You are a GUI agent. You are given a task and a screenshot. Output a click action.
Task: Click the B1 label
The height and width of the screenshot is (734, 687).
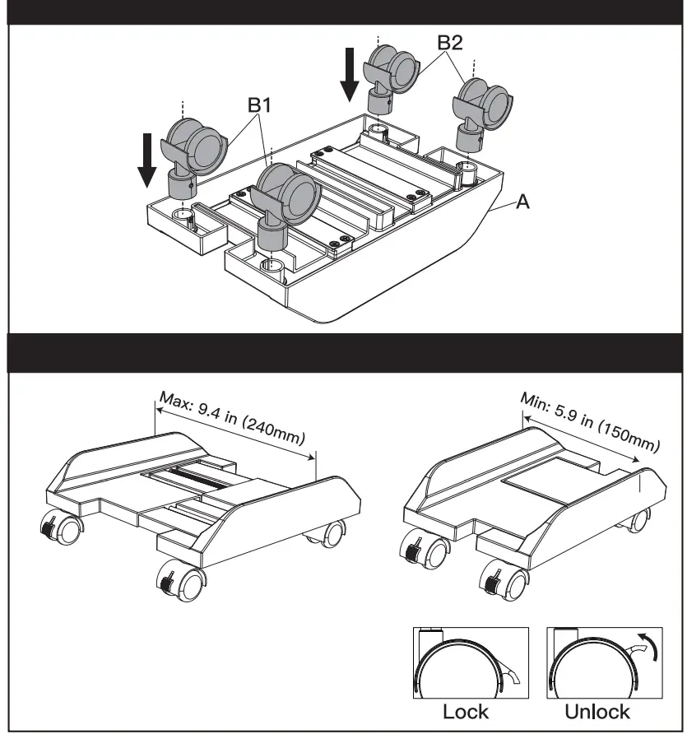coord(259,105)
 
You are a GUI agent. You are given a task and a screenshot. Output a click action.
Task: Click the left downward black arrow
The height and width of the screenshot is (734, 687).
coord(147,159)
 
